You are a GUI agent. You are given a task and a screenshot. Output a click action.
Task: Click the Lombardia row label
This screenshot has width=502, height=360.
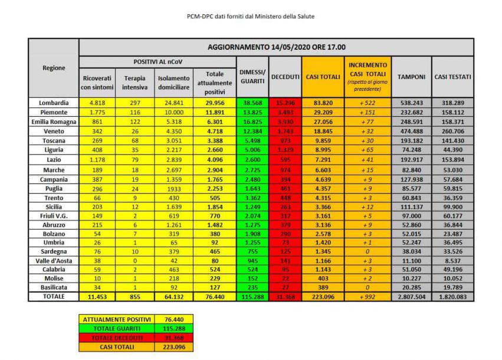click(x=54, y=102)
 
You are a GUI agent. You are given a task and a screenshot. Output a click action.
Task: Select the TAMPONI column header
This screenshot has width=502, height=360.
click(x=411, y=77)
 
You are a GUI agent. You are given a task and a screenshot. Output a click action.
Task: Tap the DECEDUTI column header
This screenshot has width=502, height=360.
click(x=285, y=77)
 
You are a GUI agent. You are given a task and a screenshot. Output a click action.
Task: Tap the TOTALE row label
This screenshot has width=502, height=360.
click(x=54, y=296)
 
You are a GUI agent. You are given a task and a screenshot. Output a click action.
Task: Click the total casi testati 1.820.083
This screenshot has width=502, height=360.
click(x=452, y=296)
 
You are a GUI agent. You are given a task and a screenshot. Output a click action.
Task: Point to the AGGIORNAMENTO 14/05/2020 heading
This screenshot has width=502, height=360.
click(x=276, y=47)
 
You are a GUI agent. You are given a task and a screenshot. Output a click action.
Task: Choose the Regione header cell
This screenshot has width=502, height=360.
click(x=54, y=68)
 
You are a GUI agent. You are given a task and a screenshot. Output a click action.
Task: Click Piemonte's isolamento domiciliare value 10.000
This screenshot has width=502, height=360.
click(x=174, y=112)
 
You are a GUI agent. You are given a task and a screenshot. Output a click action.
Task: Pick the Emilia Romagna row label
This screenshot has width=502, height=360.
click(x=54, y=121)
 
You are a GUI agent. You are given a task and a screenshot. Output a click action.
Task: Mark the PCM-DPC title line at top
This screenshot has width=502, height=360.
click(x=251, y=17)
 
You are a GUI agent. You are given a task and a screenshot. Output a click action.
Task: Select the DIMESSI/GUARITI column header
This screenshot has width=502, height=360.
click(x=252, y=76)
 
